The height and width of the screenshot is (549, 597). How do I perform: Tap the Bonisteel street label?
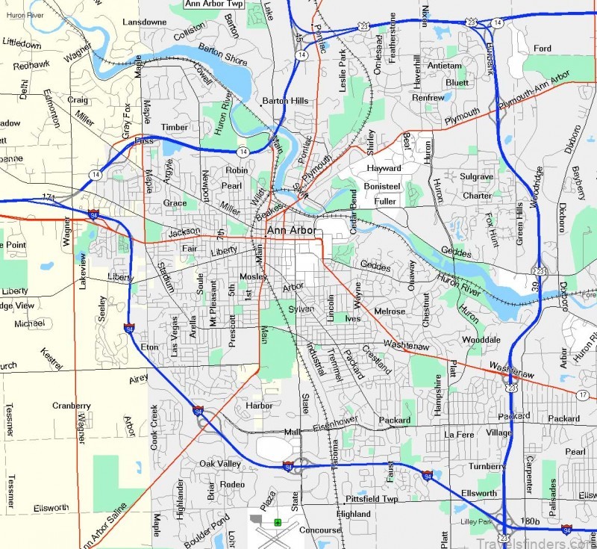click(382, 185)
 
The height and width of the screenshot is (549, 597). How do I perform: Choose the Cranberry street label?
click(72, 406)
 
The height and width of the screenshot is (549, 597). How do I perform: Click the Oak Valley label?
click(220, 464)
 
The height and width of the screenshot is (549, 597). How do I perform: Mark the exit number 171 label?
click(49, 198)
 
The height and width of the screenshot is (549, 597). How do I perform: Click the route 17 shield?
click(583, 394)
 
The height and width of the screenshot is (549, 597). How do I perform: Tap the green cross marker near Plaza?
click(278, 521)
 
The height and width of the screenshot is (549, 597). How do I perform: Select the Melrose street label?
click(390, 311)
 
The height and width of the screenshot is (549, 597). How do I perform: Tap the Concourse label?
click(320, 530)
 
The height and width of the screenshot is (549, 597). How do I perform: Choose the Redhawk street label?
click(31, 66)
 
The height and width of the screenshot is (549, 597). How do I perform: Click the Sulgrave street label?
click(477, 176)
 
